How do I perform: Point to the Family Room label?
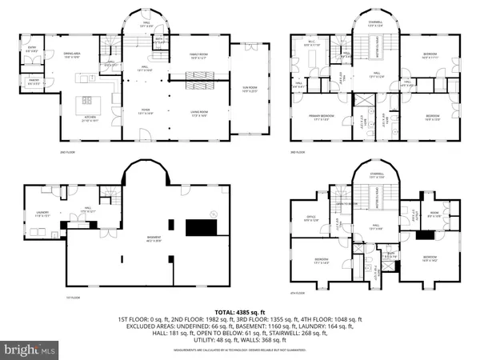(198, 56)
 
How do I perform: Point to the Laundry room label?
(43, 214)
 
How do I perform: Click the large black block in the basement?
(199, 227)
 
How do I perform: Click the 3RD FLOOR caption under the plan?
(298, 152)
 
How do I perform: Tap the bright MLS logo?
(30, 350)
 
